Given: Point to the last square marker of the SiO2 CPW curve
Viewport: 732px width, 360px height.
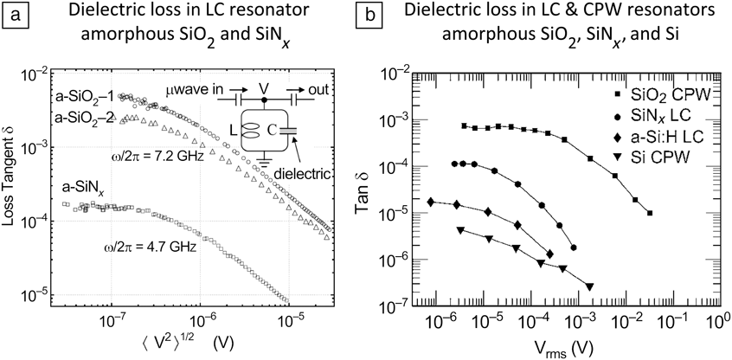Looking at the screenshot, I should tap(650, 213).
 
